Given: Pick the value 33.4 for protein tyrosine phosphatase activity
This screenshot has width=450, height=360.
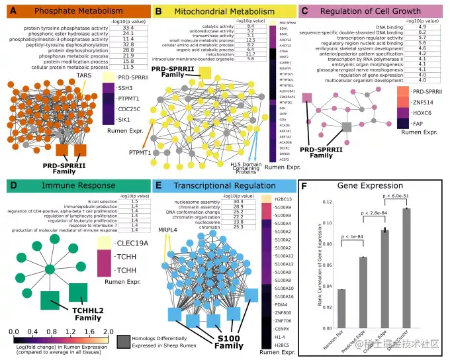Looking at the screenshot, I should click(x=128, y=28).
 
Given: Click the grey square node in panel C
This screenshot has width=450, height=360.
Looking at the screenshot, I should click(x=345, y=126).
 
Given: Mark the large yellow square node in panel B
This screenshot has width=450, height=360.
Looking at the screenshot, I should click(x=205, y=72).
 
